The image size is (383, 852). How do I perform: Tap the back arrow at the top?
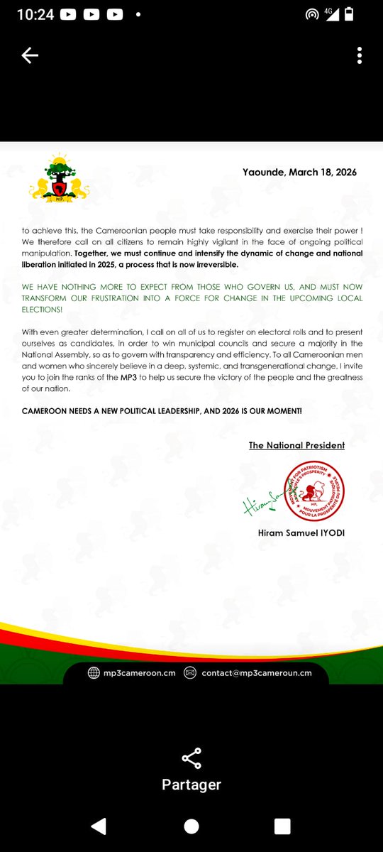point(30,57)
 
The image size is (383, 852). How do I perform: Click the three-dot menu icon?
point(360,56)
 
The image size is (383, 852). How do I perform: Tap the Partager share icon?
point(191,758)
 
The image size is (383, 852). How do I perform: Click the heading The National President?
point(296,445)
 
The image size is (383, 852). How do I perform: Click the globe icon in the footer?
point(94,673)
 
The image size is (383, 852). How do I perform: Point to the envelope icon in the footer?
point(190,673)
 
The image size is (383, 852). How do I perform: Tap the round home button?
point(191,826)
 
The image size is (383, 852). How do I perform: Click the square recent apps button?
point(282,826)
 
